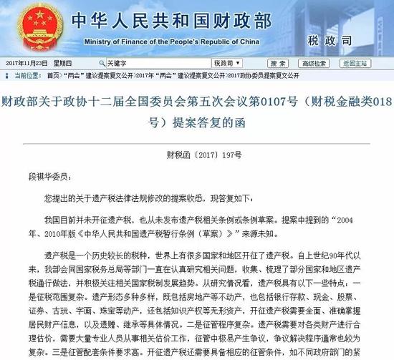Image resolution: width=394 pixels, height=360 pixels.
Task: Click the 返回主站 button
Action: pyautogui.click(x=369, y=62)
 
